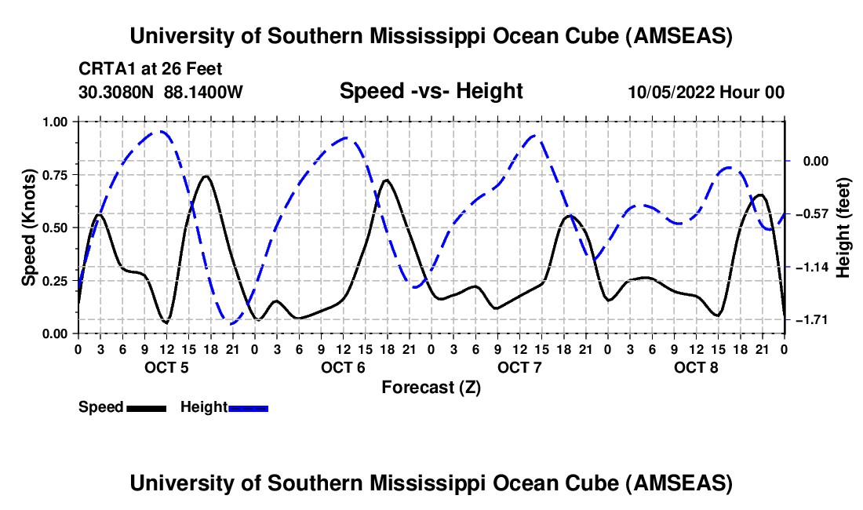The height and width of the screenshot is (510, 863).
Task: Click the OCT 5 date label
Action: (166, 367)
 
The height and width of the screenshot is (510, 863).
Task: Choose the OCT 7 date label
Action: (519, 367)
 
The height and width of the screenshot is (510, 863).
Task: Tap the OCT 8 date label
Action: (696, 367)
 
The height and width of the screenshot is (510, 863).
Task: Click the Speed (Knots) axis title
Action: (29, 228)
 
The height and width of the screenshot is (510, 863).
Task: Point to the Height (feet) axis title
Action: (843, 228)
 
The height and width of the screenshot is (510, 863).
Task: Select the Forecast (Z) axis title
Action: (431, 387)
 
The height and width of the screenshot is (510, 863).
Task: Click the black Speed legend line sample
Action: (146, 407)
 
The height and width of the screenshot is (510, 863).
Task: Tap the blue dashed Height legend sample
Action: (248, 407)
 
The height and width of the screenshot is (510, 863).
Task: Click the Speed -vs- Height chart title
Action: (431, 91)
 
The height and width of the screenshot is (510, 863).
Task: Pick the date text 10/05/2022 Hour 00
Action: (706, 92)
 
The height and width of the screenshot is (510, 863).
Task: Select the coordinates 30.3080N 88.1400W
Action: (161, 92)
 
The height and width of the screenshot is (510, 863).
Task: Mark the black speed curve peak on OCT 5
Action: (205, 176)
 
